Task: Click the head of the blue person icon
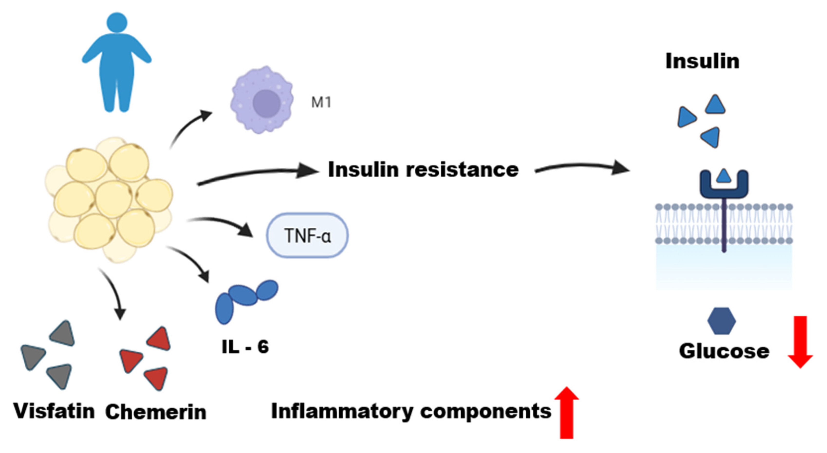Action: point(117,22)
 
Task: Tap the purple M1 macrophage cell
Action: point(262,100)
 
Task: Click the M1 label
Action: point(321,103)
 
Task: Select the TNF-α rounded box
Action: point(307,235)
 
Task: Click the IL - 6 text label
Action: point(245,347)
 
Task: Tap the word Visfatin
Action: point(54,411)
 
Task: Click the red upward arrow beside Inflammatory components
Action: point(567,413)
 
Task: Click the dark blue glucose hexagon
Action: point(721,321)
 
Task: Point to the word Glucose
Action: point(724,351)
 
